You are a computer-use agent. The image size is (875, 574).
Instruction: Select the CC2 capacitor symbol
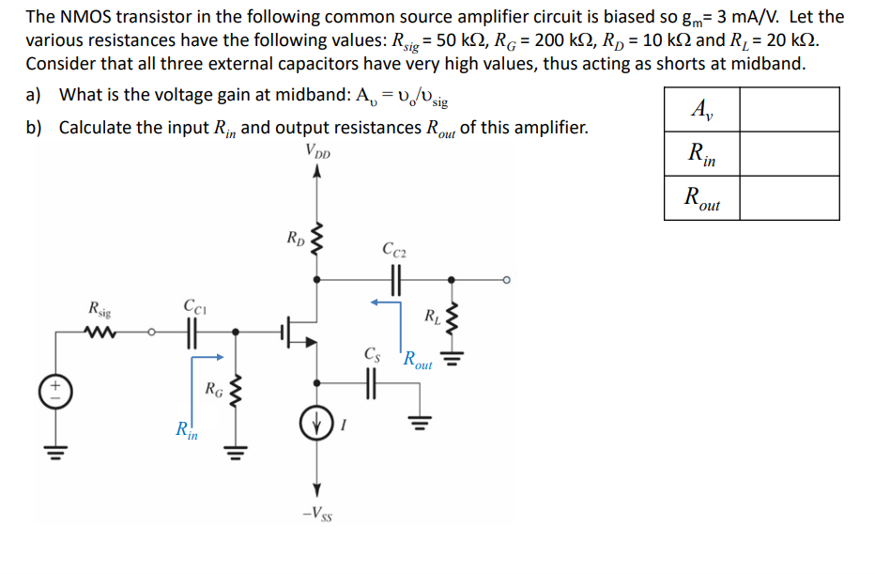393,280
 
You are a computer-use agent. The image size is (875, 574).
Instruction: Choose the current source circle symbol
316,421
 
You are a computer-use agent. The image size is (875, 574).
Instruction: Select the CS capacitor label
372,355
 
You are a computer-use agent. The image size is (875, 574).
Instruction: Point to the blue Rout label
417,361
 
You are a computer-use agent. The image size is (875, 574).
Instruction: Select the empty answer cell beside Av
789,109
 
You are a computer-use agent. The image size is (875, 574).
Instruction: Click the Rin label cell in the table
700,154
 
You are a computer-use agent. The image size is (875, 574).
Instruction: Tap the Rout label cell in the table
700,198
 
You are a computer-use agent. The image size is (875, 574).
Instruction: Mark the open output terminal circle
506,280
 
